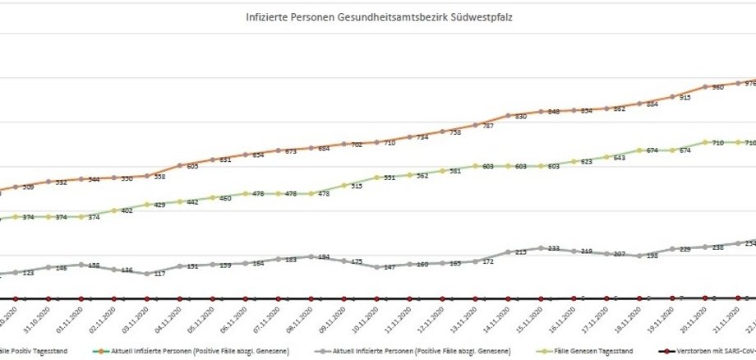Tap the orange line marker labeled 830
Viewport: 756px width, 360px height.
pos(509,116)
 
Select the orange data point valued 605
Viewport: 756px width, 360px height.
pos(180,165)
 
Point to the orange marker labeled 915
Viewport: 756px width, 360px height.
pos(673,97)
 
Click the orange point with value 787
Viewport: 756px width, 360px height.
pos(476,125)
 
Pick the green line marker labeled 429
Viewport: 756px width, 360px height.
pos(147,204)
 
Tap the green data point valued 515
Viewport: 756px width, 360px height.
pos(344,185)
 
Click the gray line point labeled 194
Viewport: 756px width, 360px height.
pos(311,256)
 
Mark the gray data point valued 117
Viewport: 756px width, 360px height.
pos(147,274)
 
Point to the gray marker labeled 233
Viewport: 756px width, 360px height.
pos(542,247)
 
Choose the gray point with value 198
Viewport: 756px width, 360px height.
pos(640,256)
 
